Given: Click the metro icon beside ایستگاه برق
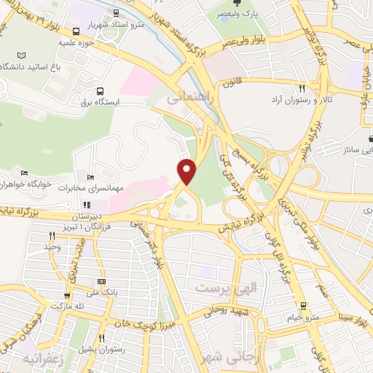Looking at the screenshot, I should [100, 91].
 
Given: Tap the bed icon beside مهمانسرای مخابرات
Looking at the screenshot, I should [90, 177].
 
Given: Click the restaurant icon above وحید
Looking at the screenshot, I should [51, 235].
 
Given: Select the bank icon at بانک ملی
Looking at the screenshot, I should [101, 281].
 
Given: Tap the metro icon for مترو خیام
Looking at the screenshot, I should [302, 306].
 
